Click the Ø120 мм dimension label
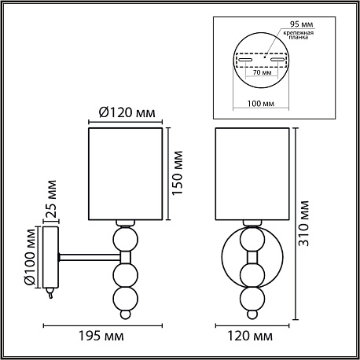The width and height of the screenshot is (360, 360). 127,112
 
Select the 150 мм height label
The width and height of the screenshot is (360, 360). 177,173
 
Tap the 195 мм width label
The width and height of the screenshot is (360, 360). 101,336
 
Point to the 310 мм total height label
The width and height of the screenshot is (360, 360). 304,223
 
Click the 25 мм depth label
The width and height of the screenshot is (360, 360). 51,199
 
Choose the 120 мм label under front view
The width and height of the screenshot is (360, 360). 250,336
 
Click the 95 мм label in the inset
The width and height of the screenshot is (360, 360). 301,24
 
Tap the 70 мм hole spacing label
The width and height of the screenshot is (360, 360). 262,72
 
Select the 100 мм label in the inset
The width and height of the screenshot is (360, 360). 261,104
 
